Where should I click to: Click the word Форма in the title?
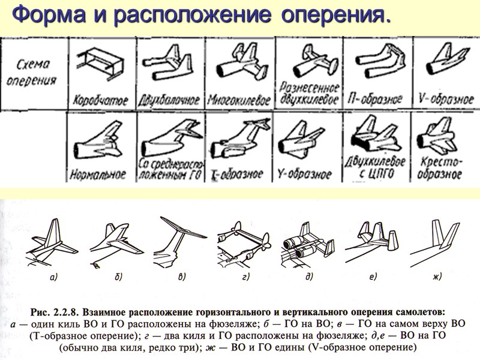(49, 14)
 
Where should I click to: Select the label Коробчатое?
(100, 100)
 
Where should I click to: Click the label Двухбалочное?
(169, 100)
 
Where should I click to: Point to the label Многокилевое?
(239, 100)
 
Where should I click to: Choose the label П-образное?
(376, 99)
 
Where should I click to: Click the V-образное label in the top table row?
(446, 99)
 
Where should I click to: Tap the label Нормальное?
(98, 174)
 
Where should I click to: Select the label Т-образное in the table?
(238, 175)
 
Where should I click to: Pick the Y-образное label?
(305, 174)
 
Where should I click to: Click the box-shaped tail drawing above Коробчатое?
(100, 64)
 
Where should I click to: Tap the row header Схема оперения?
(32, 73)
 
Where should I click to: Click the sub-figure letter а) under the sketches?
(53, 277)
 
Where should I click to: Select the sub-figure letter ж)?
(437, 277)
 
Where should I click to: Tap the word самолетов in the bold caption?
(422, 312)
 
